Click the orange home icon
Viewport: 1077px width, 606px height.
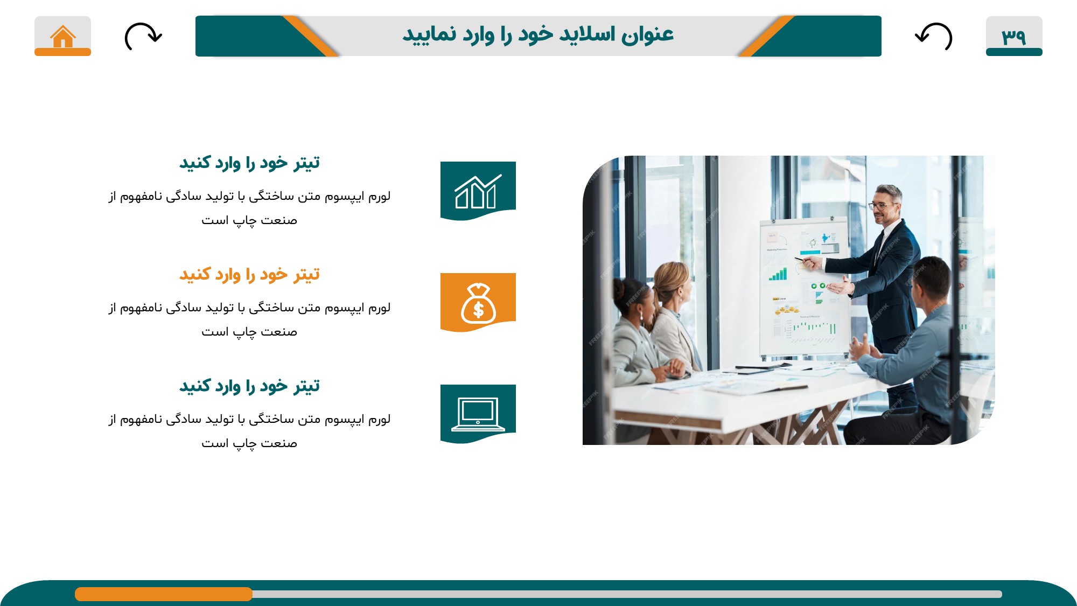63,37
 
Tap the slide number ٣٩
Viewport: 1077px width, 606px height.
1013,36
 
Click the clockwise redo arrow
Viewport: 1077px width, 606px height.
143,36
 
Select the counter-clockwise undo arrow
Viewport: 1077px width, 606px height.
934,36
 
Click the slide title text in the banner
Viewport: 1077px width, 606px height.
538,34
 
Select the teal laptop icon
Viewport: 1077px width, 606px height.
478,414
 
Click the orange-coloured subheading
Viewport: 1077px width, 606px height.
249,275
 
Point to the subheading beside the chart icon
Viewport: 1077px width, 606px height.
249,163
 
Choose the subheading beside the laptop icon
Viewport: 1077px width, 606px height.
249,386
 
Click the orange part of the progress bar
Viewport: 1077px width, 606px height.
164,594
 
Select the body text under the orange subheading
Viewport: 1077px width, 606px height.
249,319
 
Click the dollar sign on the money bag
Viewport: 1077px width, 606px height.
478,310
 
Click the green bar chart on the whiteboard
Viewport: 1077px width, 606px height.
778,275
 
